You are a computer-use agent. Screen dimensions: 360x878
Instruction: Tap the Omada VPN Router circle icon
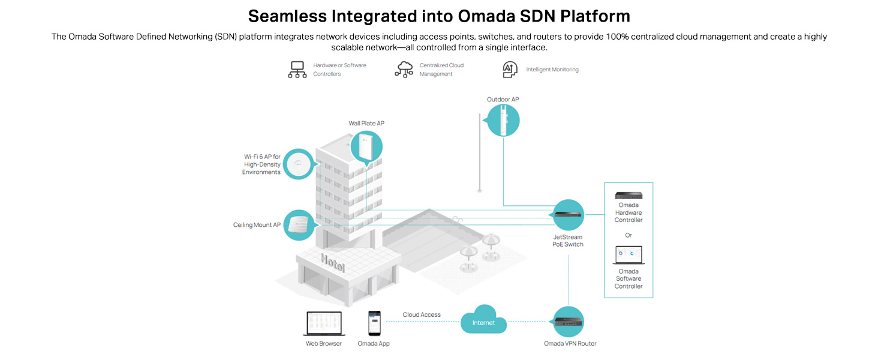(x=568, y=322)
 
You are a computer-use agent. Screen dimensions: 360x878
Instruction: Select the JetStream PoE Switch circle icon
(x=567, y=215)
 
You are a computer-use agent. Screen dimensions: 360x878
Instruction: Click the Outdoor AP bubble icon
(x=503, y=121)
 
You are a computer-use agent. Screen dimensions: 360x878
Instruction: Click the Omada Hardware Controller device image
(x=629, y=195)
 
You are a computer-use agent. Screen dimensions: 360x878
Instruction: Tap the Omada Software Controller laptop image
(x=629, y=255)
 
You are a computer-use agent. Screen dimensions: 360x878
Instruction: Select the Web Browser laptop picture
(x=324, y=323)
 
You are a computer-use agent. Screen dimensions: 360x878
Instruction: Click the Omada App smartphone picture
(x=374, y=323)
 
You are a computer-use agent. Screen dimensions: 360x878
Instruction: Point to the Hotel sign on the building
(x=333, y=263)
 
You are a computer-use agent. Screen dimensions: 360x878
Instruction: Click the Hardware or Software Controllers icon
(x=297, y=70)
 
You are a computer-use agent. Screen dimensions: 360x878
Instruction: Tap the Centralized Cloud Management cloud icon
(x=404, y=70)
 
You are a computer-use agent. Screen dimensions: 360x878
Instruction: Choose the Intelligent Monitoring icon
(x=510, y=70)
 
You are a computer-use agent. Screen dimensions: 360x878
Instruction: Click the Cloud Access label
(x=422, y=314)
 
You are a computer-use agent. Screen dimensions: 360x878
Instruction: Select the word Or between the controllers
(x=629, y=235)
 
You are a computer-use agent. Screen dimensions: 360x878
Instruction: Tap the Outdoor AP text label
(x=503, y=99)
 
